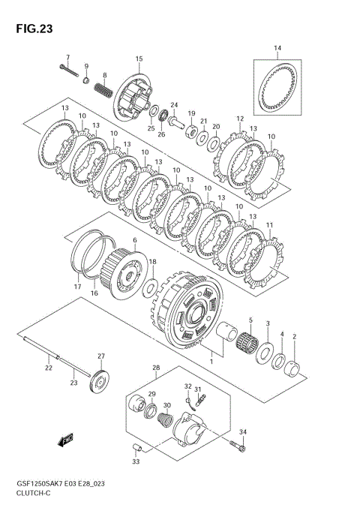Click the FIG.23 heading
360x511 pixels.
point(34,29)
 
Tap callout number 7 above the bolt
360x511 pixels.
point(67,57)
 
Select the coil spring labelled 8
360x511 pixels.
point(104,89)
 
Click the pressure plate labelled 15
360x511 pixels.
point(133,97)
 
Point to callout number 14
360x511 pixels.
point(277,48)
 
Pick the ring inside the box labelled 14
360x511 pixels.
point(278,87)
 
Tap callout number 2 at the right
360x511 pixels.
point(295,337)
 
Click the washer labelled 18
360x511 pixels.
point(150,287)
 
